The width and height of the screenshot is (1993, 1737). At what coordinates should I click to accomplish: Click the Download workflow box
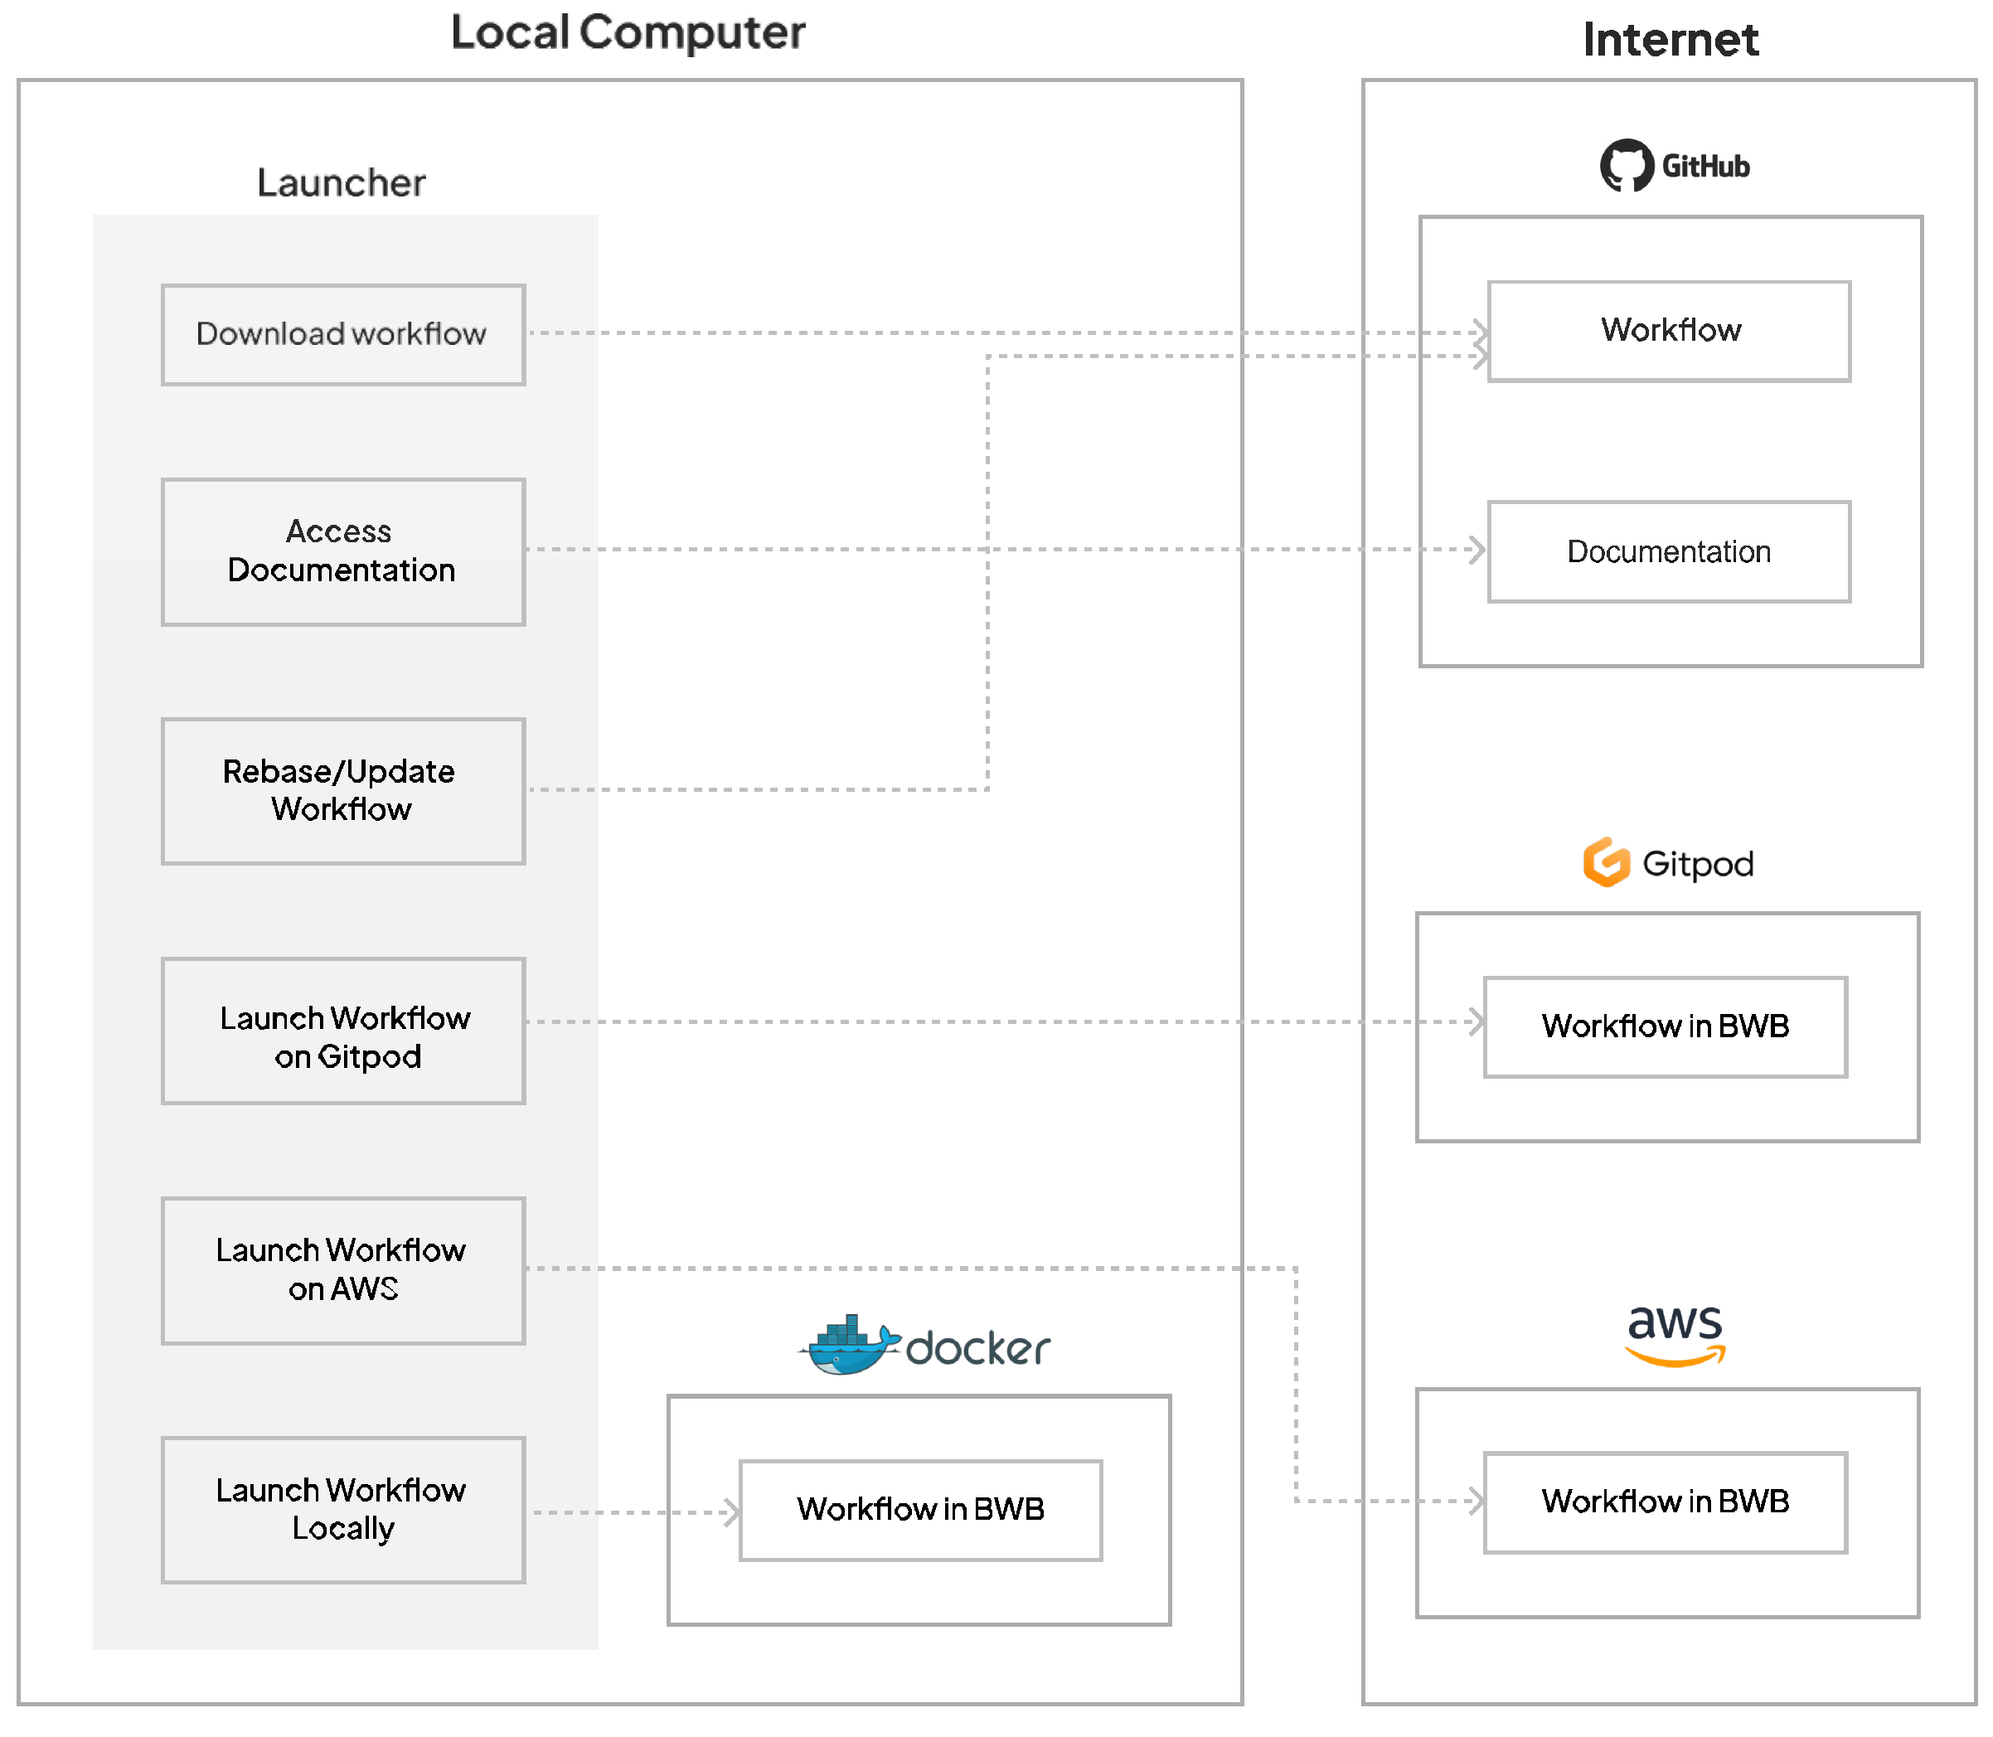343,334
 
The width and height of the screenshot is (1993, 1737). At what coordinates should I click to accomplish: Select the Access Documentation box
343,551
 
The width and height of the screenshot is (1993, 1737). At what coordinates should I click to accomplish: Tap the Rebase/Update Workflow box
343,791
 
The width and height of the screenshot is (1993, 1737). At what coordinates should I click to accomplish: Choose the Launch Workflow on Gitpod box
343,1031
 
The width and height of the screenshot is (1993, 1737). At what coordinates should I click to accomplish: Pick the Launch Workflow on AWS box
343,1271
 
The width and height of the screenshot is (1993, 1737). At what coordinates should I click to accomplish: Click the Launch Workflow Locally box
343,1510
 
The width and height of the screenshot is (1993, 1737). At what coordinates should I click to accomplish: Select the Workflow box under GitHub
1669,332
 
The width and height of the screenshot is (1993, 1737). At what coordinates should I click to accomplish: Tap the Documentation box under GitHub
1669,551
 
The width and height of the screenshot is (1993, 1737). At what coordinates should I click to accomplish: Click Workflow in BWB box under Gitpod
1666,1026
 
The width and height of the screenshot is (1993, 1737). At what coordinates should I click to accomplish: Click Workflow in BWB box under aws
1666,1502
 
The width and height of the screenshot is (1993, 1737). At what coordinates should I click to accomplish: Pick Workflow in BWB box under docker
921,1510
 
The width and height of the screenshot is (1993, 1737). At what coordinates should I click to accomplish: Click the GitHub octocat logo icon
1627,166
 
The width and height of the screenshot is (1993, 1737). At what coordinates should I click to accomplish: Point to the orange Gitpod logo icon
1606,862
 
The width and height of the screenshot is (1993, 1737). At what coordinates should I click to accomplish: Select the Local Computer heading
628,33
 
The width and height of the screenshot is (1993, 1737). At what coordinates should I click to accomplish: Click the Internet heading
1671,40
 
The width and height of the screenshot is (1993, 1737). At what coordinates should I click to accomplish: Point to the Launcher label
342,183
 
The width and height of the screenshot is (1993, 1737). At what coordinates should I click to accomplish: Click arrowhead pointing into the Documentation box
1478,550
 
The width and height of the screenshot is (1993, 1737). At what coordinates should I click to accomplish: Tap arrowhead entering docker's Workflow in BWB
732,1512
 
